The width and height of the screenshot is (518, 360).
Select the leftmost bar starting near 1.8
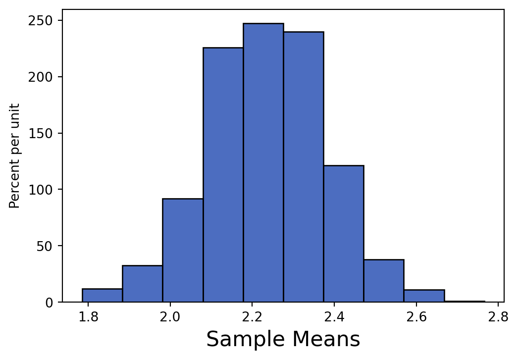click(102, 296)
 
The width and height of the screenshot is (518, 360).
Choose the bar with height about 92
click(183, 250)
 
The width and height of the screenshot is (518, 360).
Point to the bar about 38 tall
click(383, 281)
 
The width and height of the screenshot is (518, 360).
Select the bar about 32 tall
click(142, 284)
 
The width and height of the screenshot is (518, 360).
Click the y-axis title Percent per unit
click(15, 155)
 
